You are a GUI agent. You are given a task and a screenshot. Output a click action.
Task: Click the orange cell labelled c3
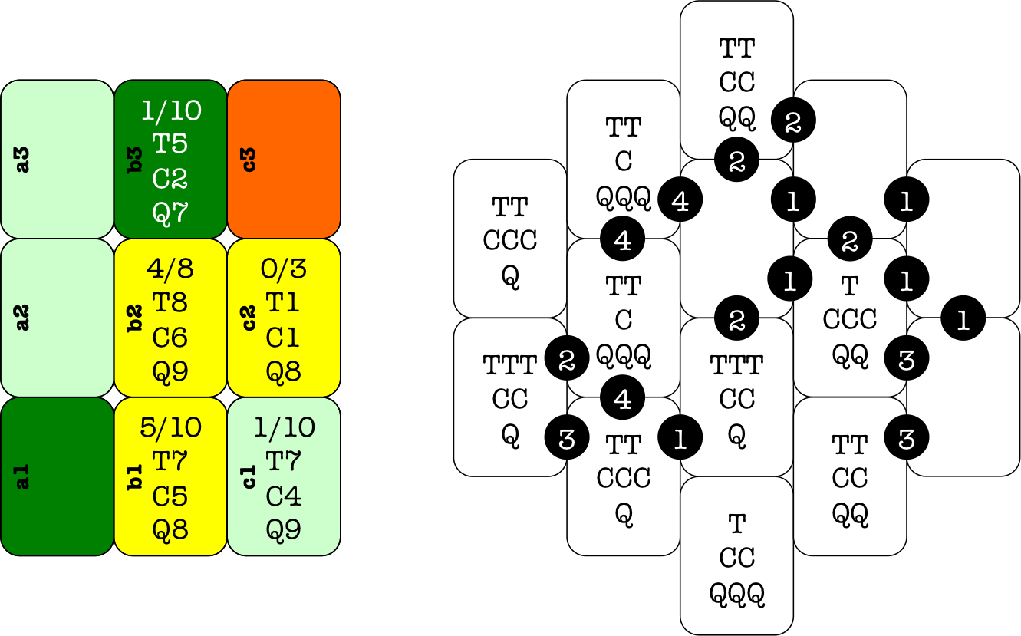[x=284, y=159]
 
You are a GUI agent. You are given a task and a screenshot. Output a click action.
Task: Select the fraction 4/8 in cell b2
[x=170, y=269]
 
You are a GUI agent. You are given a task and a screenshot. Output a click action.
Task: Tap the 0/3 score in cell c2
[x=283, y=269]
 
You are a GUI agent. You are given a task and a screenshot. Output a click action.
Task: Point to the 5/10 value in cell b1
[x=170, y=427]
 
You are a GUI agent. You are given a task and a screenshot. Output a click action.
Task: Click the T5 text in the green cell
[x=170, y=144]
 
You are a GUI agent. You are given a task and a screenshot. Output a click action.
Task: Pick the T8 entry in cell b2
[x=170, y=303]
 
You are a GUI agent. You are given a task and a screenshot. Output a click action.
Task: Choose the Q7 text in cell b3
[x=170, y=213]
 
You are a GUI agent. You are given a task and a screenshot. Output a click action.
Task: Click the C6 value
[x=170, y=338]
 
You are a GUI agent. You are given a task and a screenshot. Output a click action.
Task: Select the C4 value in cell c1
[x=283, y=496]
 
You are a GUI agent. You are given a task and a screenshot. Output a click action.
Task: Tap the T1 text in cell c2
[x=283, y=303]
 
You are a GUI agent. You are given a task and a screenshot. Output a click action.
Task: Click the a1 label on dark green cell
[x=23, y=476]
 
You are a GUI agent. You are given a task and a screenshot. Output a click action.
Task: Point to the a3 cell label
[x=23, y=159]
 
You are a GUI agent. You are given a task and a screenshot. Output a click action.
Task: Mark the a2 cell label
[x=23, y=317]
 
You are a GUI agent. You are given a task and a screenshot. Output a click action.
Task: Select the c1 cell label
[x=249, y=476]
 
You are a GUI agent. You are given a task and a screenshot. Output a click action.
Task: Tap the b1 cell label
[x=136, y=476]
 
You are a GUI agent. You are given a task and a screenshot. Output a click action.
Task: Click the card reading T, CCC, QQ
[x=849, y=318]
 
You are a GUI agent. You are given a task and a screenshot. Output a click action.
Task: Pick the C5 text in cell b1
[x=170, y=496]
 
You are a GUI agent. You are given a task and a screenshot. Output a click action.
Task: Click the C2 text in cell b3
[x=170, y=179]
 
